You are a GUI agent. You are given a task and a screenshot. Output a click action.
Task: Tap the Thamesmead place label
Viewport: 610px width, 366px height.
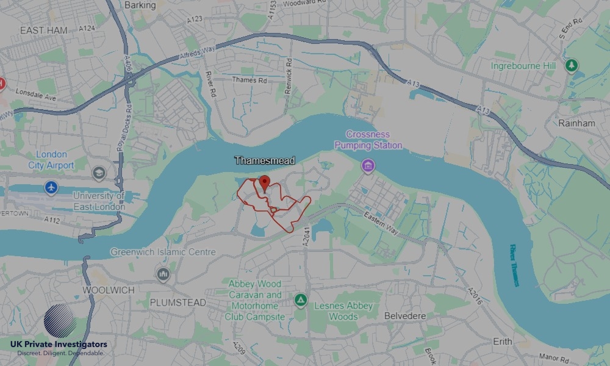click(265, 160)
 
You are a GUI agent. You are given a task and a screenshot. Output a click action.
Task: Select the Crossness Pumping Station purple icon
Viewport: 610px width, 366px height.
click(367, 165)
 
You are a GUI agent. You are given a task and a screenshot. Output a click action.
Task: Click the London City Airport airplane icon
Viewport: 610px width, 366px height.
click(51, 187)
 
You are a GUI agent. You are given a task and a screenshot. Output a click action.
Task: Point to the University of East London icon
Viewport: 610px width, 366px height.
click(98, 174)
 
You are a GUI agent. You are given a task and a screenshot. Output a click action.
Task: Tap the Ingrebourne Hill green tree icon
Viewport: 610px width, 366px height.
click(571, 65)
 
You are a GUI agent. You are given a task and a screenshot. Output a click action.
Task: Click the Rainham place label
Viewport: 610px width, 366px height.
click(576, 123)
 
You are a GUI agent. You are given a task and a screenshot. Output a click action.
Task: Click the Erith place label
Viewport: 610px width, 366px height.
click(503, 342)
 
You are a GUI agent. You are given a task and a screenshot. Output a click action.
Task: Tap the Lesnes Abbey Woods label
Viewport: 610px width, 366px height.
click(343, 311)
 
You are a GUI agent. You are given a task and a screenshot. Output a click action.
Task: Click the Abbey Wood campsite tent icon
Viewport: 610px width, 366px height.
click(300, 300)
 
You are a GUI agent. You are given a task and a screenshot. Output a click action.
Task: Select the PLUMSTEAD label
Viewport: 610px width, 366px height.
click(178, 303)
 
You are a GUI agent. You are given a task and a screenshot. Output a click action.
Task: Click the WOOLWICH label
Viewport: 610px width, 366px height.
click(109, 290)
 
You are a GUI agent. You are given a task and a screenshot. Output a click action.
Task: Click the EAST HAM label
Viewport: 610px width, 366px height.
click(43, 30)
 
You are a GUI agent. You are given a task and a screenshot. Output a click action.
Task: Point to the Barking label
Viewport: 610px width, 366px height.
click(140, 5)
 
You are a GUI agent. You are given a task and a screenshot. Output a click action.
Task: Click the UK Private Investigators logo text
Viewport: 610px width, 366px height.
click(59, 345)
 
